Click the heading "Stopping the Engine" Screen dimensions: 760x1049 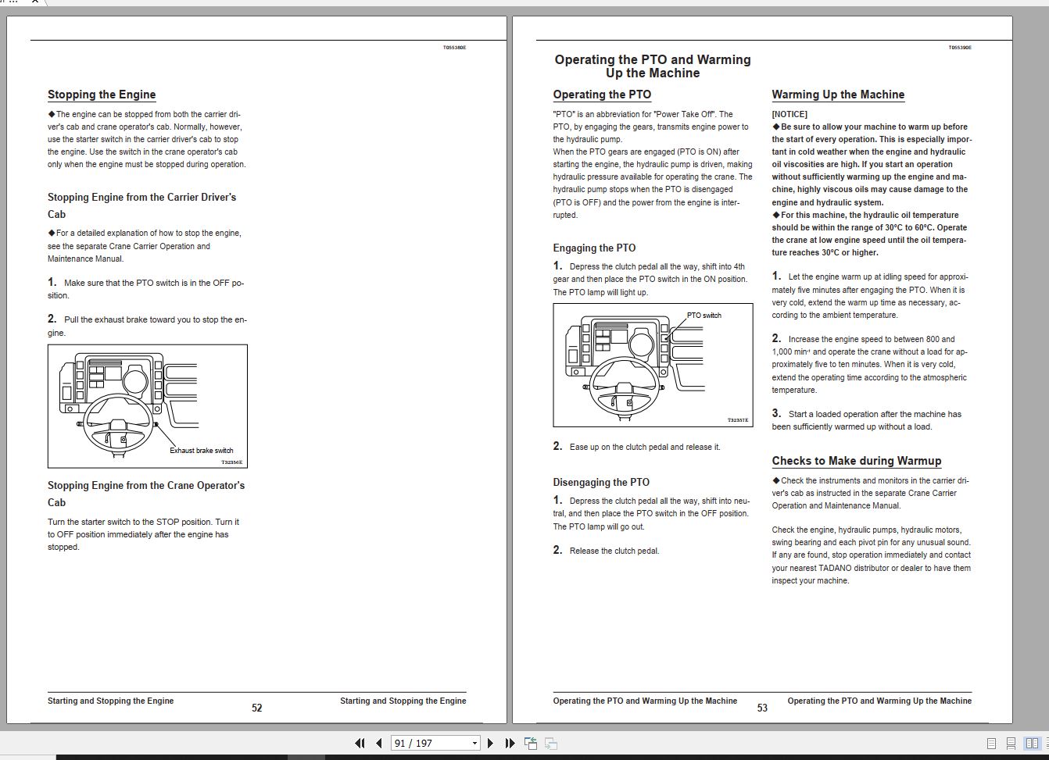[102, 95]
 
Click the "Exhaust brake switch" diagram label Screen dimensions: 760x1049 [202, 451]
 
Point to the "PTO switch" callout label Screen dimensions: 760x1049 [704, 316]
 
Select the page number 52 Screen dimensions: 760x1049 [257, 708]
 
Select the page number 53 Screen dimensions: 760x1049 [762, 708]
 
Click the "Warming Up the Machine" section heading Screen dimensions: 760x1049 [838, 95]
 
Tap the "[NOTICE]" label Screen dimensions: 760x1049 [789, 114]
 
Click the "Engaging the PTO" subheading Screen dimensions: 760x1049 [594, 248]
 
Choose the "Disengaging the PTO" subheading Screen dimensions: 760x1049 [601, 482]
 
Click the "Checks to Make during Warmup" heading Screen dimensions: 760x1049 [857, 461]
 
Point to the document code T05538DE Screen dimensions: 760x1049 [454, 48]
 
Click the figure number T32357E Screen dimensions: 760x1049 [738, 420]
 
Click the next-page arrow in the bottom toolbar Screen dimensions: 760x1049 [490, 743]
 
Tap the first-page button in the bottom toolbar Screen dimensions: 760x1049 [360, 743]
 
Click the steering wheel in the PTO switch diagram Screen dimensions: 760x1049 [624, 388]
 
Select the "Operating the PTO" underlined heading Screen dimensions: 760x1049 [602, 95]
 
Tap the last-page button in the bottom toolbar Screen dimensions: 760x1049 [510, 743]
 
